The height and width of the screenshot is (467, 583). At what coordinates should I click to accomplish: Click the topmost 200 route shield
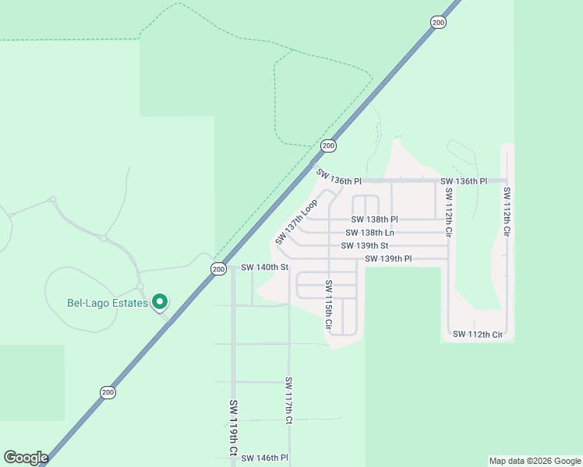coord(437,23)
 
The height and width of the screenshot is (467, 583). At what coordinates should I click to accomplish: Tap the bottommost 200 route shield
coord(108,392)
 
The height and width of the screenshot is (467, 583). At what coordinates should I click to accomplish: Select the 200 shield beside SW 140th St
coord(218,269)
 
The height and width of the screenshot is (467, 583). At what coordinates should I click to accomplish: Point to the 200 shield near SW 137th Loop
coord(328,146)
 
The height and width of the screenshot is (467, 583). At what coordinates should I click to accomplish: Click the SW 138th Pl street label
coord(374,220)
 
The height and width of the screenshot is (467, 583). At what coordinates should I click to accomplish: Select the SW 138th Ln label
coord(370,233)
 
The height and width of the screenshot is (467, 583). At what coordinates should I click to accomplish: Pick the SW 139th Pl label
coord(388,258)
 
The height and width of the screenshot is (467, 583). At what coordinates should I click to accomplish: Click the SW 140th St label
coord(264,267)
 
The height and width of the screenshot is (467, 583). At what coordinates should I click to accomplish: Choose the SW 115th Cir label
coord(329,304)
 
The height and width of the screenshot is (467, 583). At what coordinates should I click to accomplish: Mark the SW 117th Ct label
coord(288,400)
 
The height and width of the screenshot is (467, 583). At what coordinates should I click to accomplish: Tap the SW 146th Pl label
coord(264,458)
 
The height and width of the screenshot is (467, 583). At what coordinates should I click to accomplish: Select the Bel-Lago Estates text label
coord(108,303)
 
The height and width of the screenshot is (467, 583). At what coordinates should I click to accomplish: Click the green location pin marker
coord(160,301)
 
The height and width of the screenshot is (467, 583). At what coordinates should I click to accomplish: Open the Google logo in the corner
coord(26,458)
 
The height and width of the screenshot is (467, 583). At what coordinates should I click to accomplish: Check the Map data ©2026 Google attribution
coord(535,461)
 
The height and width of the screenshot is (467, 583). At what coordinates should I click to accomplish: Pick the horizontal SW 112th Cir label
coord(478,335)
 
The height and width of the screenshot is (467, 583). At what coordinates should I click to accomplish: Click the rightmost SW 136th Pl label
coord(463,181)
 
